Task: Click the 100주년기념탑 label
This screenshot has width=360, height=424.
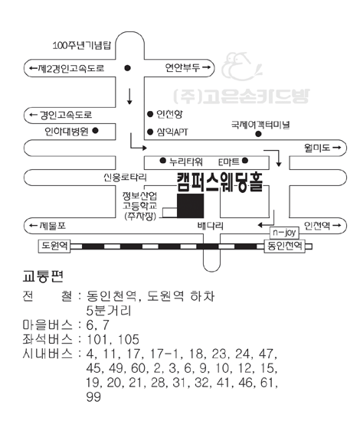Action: pos(82,45)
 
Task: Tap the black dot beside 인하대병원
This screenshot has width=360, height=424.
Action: pos(95,130)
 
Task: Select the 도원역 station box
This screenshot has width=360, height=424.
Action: pos(54,246)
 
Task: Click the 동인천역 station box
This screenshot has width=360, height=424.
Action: pos(285,246)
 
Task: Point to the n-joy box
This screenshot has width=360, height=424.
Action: pos(284,233)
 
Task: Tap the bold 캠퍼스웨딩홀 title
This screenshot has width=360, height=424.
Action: pos(220,182)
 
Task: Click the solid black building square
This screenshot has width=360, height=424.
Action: pos(190,206)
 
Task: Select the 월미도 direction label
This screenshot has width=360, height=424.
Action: pos(322,148)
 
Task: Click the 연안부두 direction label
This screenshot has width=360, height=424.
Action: pos(188,67)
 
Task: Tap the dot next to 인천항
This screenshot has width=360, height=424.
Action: pos(150,114)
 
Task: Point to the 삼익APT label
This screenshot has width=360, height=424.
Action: pos(172,132)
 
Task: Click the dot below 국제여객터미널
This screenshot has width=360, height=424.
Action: pos(258,134)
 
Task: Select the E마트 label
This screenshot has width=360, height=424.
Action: pos(229,162)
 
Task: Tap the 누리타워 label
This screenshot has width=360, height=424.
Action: pos(186,161)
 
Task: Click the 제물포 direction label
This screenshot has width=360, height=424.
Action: pos(47,226)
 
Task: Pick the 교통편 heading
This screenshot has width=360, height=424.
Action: pos(43,276)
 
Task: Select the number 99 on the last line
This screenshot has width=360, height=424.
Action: pos(93,397)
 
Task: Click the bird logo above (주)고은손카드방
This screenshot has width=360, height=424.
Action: pos(241,67)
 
